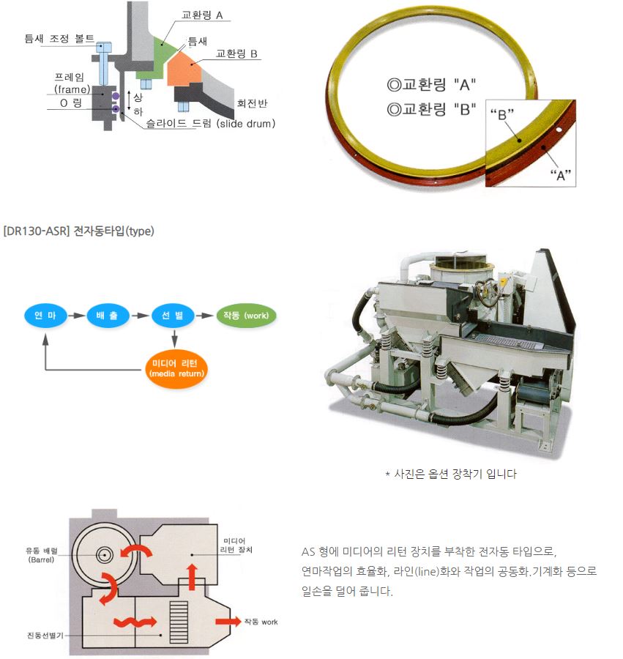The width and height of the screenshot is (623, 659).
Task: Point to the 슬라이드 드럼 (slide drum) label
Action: pos(206,124)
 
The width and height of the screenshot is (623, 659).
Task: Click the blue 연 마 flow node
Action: pos(45,316)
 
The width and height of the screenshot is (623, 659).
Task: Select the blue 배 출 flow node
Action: pos(108,316)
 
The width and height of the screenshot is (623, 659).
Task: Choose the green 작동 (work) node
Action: pos(246,316)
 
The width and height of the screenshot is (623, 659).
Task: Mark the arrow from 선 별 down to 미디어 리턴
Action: pos(174,338)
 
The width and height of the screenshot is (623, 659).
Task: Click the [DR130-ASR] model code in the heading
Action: pos(36,231)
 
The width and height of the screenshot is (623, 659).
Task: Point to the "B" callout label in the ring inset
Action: pos(501,114)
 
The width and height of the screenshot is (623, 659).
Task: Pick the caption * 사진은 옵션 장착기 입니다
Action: pos(451,474)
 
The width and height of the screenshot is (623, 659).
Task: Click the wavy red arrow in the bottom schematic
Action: pos(133,622)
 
